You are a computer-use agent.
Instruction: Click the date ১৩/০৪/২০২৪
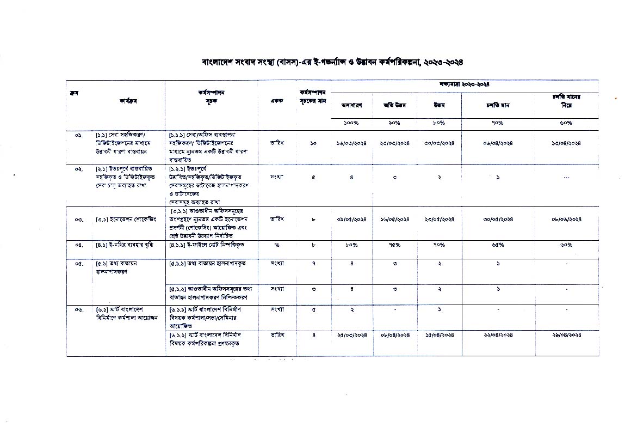tap(566, 143)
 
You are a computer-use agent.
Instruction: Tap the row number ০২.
tap(79, 169)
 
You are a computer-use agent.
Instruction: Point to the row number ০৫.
tap(79, 263)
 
